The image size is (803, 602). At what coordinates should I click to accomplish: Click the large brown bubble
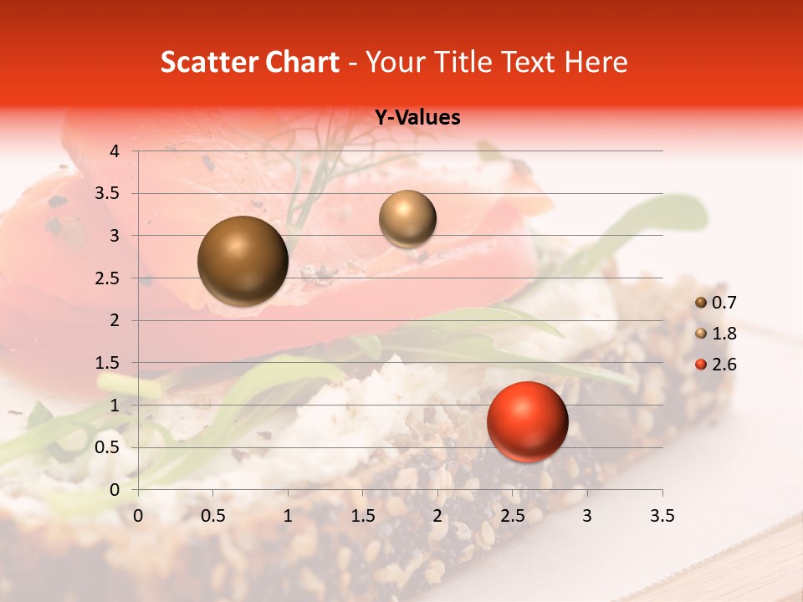[243, 261]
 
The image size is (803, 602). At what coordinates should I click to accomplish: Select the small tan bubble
[407, 218]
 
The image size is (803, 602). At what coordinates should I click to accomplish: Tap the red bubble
[527, 421]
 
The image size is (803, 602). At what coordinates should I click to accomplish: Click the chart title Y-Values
[417, 118]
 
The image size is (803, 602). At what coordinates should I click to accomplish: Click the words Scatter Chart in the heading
[250, 62]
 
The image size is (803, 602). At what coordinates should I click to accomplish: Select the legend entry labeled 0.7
[716, 303]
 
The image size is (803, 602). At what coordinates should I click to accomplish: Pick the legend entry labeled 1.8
[716, 334]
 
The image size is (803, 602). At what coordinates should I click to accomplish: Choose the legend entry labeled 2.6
[716, 365]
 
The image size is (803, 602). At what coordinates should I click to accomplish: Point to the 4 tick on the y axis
[115, 151]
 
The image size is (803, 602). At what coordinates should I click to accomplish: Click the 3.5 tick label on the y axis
[107, 194]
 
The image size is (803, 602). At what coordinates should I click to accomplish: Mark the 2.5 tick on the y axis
[107, 278]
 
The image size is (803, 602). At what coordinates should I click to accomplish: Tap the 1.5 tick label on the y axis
[107, 363]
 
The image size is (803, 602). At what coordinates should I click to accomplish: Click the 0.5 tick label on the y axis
[107, 447]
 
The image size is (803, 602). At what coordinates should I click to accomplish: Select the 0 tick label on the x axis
[138, 516]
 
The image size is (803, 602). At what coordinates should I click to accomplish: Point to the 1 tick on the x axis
[288, 516]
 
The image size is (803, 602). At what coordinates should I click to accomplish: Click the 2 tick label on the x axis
[437, 516]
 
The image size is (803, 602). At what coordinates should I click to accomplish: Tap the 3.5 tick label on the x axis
[662, 516]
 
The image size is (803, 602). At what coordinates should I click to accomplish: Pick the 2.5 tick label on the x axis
[512, 516]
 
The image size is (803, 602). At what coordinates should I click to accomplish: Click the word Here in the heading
[595, 62]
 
